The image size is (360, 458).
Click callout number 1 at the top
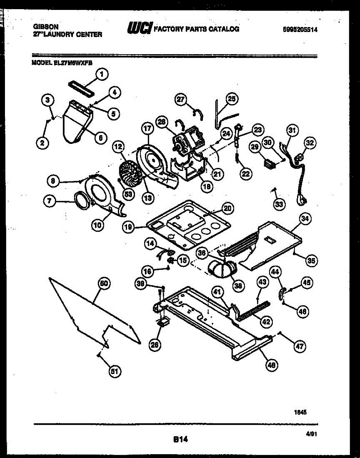102,75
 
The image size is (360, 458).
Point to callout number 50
103,283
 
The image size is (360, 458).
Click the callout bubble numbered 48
271,365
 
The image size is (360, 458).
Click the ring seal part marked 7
81,200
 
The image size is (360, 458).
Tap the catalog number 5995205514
301,29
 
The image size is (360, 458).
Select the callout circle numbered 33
280,205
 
